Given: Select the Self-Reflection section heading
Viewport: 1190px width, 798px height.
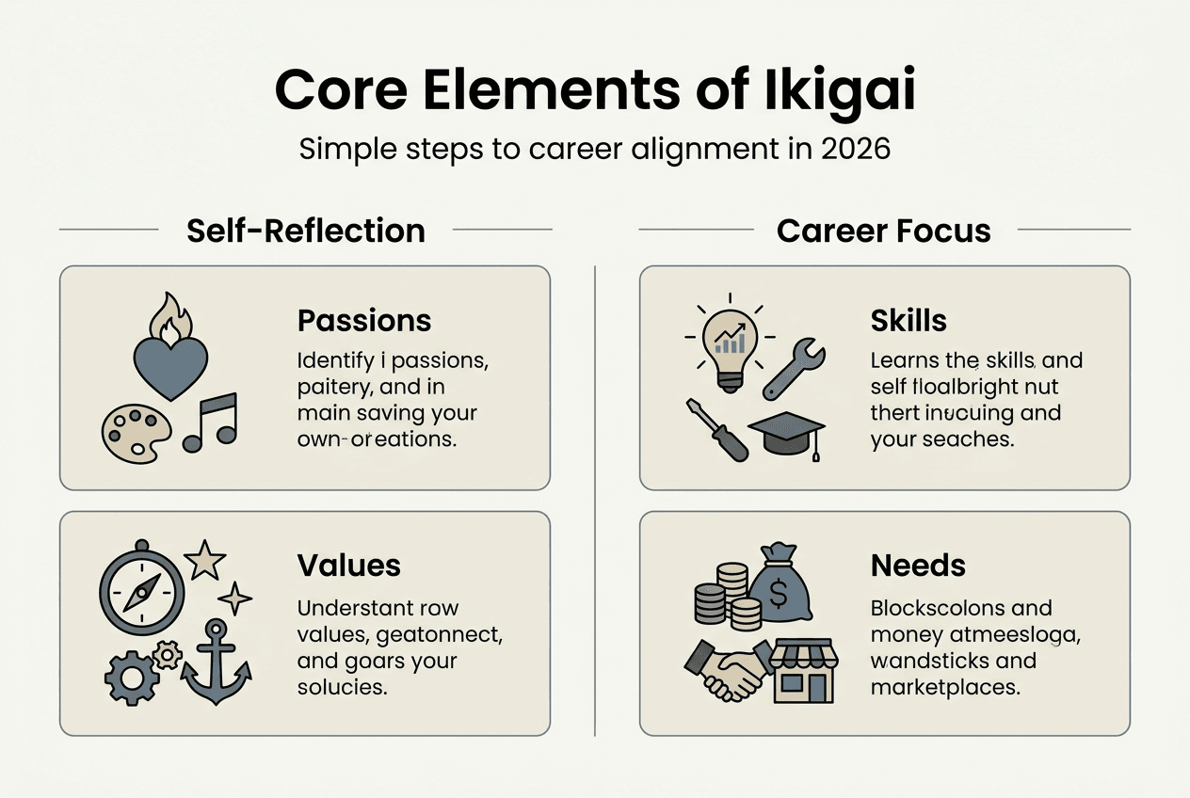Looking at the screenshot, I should [x=306, y=231].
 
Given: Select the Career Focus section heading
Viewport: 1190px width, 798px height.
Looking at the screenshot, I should [x=884, y=231].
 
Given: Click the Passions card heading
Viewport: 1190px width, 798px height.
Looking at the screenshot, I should [x=364, y=321].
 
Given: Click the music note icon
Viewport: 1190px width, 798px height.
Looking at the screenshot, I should [x=210, y=422].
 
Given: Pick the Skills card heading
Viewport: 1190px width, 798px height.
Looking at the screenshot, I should [x=909, y=321].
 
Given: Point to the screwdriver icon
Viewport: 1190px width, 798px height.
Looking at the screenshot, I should [x=716, y=428].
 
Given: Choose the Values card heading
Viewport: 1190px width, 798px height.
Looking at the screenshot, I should [x=349, y=565].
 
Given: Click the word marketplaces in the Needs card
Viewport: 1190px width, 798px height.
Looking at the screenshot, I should [x=945, y=687].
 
